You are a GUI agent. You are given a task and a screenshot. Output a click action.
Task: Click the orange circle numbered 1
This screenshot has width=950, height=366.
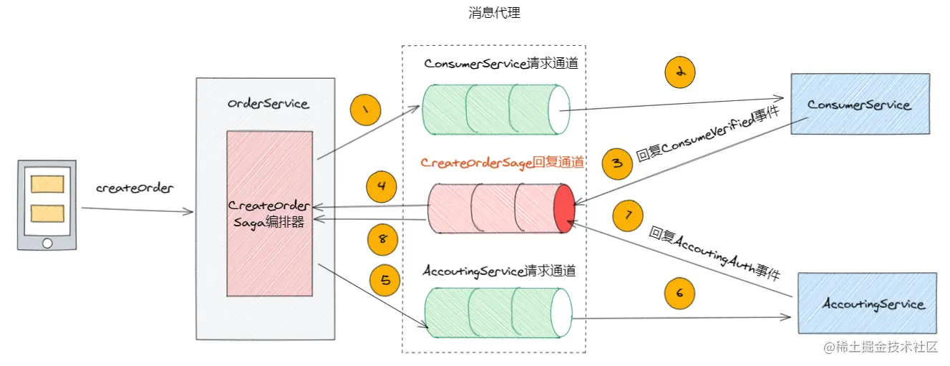(365, 110)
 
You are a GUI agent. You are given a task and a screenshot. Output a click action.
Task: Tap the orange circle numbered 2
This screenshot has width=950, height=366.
(680, 72)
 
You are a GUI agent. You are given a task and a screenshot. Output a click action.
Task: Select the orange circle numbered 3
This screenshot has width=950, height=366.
(617, 163)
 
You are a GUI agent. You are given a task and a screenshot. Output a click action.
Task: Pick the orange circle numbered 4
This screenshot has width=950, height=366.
(382, 187)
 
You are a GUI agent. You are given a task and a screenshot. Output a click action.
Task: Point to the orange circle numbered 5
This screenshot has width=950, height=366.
(384, 280)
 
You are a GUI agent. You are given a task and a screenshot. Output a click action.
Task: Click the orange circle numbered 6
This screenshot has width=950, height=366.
(679, 293)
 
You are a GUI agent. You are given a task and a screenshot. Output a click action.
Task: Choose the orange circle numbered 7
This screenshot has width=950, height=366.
(628, 216)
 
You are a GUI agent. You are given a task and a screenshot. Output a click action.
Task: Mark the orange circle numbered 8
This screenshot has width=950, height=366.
(382, 240)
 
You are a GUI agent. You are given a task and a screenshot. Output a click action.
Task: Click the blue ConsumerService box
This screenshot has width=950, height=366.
(860, 104)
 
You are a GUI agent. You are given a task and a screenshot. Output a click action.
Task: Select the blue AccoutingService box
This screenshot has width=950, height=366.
(867, 303)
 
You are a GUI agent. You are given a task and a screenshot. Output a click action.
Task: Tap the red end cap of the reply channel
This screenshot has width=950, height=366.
(564, 208)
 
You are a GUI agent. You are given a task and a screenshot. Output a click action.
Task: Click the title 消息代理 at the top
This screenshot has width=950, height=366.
(494, 13)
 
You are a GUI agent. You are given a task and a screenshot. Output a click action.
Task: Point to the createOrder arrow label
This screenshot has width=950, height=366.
(135, 188)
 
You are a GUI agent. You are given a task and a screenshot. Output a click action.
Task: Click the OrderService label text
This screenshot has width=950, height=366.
(268, 103)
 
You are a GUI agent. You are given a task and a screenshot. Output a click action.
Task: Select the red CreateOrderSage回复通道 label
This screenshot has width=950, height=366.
(502, 163)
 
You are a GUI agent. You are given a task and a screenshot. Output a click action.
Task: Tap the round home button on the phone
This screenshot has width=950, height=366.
(47, 243)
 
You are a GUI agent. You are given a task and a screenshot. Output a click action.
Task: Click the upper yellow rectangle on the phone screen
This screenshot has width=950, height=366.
(47, 185)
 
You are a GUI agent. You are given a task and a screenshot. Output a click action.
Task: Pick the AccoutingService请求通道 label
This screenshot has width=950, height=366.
(499, 271)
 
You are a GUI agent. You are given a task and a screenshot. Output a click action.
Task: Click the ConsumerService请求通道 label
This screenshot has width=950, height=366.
(501, 64)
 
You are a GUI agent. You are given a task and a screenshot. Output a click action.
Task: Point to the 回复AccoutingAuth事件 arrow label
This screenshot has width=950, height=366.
(714, 254)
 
